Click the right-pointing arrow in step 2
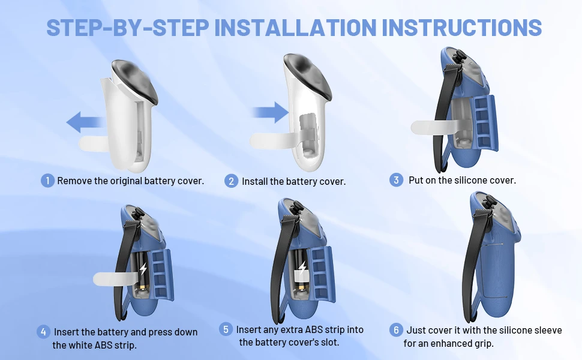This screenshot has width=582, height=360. (270, 112)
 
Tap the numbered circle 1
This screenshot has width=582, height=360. (47, 181)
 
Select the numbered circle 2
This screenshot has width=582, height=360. (231, 181)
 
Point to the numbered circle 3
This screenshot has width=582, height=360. (396, 180)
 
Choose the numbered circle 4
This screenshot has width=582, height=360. (43, 331)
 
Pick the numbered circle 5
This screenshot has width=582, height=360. (226, 329)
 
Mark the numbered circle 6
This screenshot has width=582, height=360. (396, 329)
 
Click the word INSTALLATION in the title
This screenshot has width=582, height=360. (295, 27)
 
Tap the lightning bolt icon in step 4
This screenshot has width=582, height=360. (143, 268)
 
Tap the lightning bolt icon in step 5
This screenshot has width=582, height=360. (302, 267)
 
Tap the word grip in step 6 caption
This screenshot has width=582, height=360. (485, 344)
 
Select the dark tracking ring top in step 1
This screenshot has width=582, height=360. (134, 79)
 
